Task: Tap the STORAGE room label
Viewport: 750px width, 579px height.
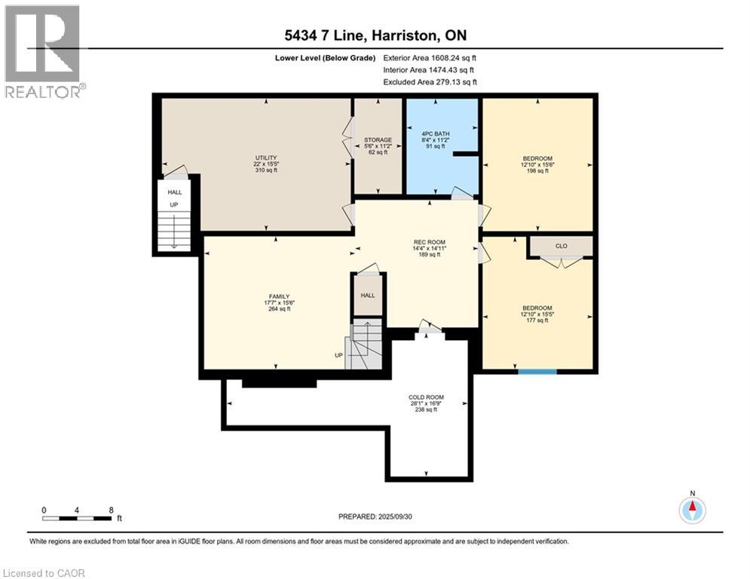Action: (378, 140)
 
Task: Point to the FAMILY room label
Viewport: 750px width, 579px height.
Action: (279, 296)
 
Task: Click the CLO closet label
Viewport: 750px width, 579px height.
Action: (561, 246)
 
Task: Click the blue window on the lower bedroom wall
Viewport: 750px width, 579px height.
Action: (537, 371)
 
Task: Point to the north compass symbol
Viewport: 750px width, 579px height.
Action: (692, 510)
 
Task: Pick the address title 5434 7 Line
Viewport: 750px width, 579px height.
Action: (375, 36)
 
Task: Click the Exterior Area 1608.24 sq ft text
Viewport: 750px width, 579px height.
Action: (430, 57)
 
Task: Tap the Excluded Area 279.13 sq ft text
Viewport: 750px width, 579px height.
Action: (430, 81)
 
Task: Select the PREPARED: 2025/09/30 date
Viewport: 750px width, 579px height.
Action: (375, 516)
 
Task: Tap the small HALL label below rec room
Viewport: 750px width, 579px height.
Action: (368, 295)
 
